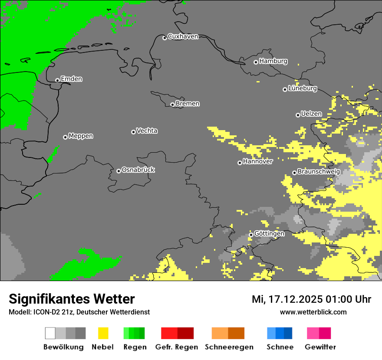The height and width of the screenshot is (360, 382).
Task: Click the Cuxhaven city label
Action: coord(183,36)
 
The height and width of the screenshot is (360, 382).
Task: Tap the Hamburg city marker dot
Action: coord(256,62)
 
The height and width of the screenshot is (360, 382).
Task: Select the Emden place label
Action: coord(71,79)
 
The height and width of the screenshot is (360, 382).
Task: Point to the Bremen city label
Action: coord(188,104)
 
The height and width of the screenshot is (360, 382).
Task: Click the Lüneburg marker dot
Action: coord(285,89)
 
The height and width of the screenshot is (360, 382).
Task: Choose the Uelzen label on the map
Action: coord(311,114)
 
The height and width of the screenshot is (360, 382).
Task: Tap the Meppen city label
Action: coord(81,136)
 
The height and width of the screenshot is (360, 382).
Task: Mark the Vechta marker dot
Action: coord(133,132)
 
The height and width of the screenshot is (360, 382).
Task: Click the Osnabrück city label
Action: coord(138,170)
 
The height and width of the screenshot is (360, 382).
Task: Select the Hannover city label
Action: coord(258,161)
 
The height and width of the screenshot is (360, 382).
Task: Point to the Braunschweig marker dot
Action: coord(294,173)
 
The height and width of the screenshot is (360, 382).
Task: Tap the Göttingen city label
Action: coord(269,233)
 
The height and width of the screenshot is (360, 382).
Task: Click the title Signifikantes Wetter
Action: coord(72,299)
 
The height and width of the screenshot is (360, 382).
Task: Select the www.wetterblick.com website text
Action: coord(313,312)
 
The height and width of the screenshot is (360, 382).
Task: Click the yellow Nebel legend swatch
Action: coord(103,333)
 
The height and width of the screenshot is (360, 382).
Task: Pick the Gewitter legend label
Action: coord(320,347)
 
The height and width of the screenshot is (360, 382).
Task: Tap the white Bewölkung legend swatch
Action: coord(50,333)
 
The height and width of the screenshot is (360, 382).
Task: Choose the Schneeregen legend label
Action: coord(229,347)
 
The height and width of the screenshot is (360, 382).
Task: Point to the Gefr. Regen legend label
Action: coord(177,347)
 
